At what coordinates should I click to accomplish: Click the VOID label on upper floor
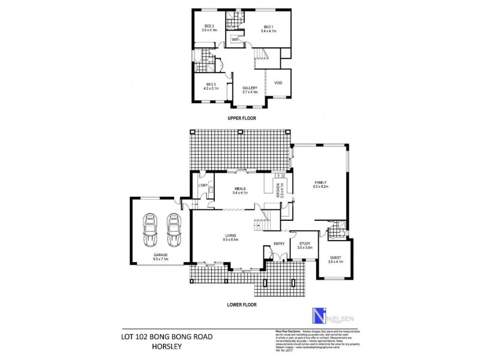click(x=278, y=83)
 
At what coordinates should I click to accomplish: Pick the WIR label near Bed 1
click(x=235, y=40)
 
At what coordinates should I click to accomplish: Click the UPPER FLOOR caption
click(x=242, y=118)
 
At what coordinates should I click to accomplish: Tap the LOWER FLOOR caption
click(x=242, y=304)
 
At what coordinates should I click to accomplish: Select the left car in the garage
click(x=150, y=230)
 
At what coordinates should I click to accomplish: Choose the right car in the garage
click(x=173, y=230)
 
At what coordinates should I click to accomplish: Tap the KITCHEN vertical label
click(x=278, y=191)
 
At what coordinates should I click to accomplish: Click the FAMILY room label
click(x=319, y=183)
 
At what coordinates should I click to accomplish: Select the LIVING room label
click(x=230, y=236)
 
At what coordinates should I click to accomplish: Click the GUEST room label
click(x=335, y=259)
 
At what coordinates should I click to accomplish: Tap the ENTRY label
click(x=279, y=244)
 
